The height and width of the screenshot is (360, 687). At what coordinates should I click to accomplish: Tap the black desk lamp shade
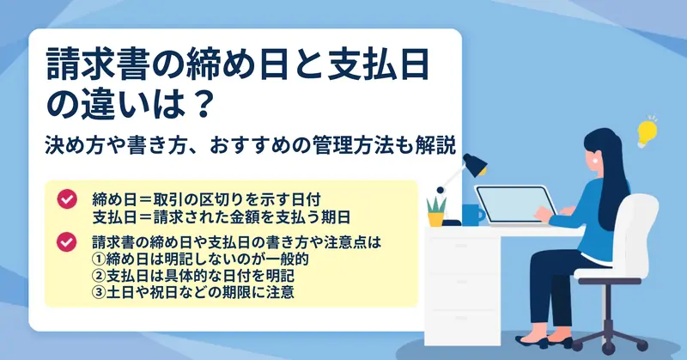point(475,164)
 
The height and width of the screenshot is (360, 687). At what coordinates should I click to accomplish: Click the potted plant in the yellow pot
point(436,212)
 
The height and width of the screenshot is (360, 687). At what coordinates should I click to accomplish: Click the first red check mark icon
point(67,199)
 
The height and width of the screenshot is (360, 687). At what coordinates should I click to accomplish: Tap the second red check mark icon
point(67,242)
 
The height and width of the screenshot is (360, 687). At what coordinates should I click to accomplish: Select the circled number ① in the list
point(99,259)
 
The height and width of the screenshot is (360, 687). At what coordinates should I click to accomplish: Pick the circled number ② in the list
point(99,276)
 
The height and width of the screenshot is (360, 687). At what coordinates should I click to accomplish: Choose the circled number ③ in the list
point(99,292)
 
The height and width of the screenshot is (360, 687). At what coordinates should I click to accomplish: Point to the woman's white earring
point(595,161)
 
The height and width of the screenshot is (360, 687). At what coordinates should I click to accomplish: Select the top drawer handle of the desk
point(461,246)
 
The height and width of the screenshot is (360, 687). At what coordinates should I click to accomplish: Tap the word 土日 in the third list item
point(120,292)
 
